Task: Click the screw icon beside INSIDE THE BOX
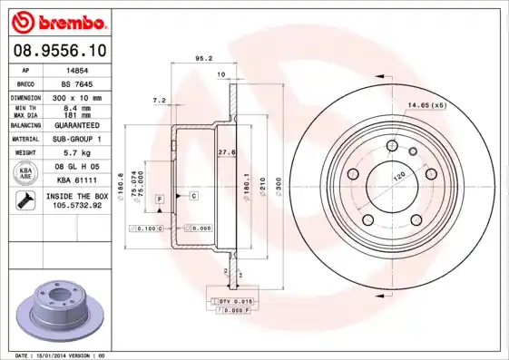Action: tap(24, 201)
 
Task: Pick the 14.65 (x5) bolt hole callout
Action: tap(426, 106)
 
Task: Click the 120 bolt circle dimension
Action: tap(396, 178)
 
